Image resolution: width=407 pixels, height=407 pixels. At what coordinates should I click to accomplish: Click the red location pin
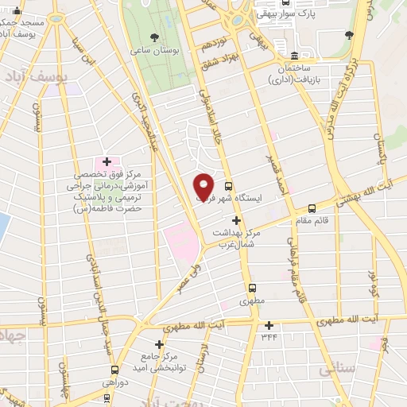click(203, 186)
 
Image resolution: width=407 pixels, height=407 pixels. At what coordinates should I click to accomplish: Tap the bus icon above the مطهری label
click(253, 289)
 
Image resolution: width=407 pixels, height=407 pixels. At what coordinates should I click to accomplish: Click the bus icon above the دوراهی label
click(115, 370)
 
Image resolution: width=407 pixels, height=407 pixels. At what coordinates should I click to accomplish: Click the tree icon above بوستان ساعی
click(154, 37)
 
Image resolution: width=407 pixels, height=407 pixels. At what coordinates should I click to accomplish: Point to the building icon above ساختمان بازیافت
click(295, 56)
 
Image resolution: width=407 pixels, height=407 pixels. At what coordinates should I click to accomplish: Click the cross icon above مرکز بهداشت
click(235, 220)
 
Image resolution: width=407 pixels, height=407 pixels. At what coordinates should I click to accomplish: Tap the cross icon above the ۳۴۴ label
click(269, 324)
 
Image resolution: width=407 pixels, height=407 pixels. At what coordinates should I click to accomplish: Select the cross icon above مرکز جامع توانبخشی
click(160, 344)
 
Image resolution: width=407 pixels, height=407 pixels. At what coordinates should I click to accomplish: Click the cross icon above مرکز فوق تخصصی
click(106, 161)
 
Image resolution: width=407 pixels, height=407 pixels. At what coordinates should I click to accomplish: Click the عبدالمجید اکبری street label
click(147, 127)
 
